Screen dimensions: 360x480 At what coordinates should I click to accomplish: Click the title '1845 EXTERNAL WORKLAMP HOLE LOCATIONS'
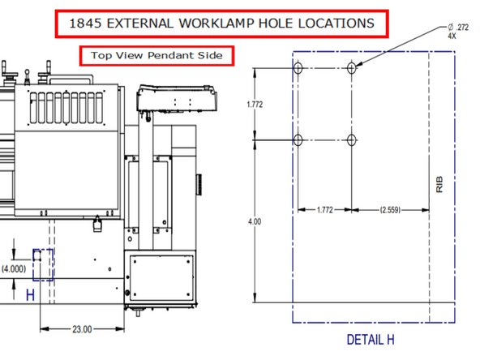pyautogui.click(x=222, y=24)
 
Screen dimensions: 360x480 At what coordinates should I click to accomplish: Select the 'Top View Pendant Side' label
pyautogui.click(x=156, y=55)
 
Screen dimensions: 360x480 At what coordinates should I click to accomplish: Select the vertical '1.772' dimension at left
pyautogui.click(x=258, y=105)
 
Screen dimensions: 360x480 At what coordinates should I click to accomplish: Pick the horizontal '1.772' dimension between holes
pyautogui.click(x=324, y=209)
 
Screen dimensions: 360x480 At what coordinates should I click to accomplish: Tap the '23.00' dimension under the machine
pyautogui.click(x=82, y=329)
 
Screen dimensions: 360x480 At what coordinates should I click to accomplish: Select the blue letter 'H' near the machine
pyautogui.click(x=30, y=295)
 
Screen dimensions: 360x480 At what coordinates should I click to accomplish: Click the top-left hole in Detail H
pyautogui.click(x=298, y=69)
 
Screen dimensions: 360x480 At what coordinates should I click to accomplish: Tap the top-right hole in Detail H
pyautogui.click(x=351, y=69)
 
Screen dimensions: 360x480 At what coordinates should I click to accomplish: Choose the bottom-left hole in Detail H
pyautogui.click(x=298, y=140)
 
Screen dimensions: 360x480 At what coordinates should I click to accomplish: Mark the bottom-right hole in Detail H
pyautogui.click(x=351, y=140)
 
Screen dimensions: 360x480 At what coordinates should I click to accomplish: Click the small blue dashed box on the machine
pyautogui.click(x=43, y=264)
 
